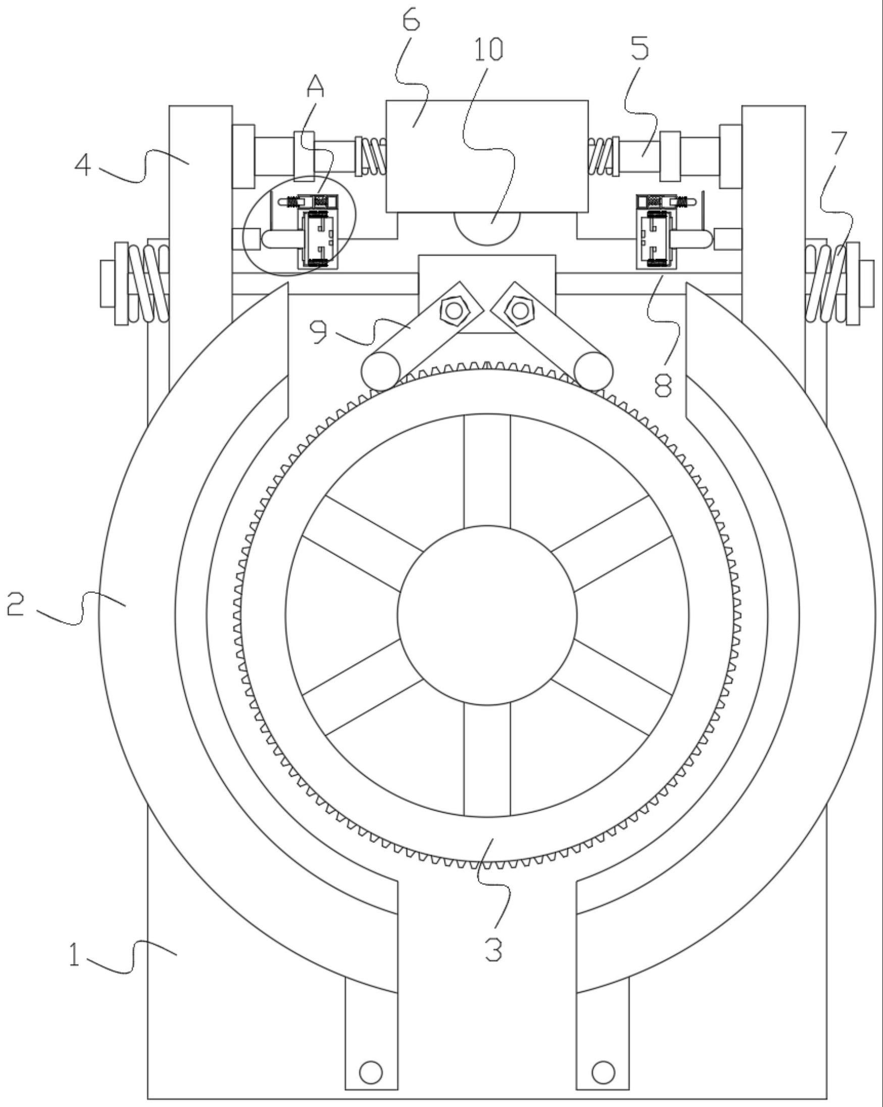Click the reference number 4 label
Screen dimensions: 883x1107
83,166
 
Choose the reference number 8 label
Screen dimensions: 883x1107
663,383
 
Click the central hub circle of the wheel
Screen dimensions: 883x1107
487,615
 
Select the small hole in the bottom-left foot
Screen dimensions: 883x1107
371,1072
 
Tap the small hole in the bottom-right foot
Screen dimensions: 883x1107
603,1072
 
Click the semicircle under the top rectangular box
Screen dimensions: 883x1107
487,226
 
